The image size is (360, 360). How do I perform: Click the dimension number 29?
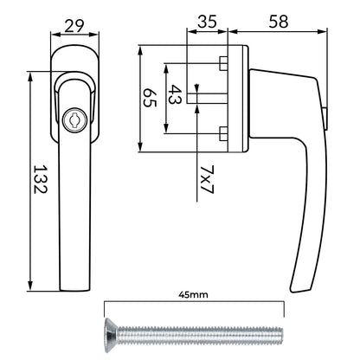pos(74,26)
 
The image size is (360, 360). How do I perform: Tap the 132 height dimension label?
pos(40,179)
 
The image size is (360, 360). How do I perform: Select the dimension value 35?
pos(207,22)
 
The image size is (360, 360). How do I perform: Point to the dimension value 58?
pos(279,22)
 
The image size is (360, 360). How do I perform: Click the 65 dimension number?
pos(150,98)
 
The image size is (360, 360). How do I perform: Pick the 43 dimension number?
pos(175,94)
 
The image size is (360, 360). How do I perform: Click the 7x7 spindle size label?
pos(207,179)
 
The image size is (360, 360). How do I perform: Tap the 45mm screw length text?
pos(193,295)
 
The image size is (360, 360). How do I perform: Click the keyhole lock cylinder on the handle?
pos(73,119)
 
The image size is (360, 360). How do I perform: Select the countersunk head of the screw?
pos(111,331)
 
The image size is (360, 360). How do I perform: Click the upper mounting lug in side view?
pos(222,63)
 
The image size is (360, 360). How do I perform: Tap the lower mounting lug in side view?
pos(222,133)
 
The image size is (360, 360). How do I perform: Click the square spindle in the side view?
pos(207,99)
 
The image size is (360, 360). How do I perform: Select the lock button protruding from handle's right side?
pos(325,119)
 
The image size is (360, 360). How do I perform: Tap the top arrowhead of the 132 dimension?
pos(30,74)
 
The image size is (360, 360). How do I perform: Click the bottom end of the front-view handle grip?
pos(75,290)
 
